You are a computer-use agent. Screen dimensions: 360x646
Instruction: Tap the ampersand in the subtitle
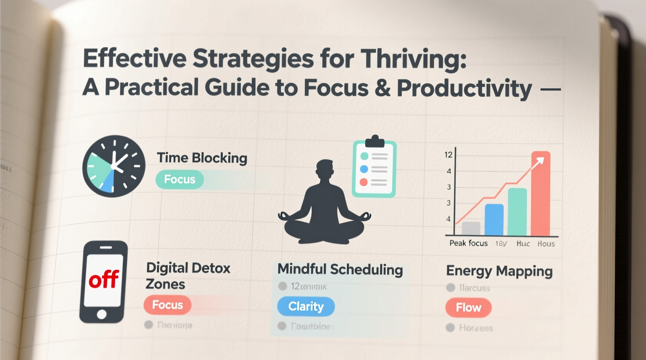tap(382, 88)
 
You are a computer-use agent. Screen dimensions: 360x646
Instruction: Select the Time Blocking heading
tap(202, 158)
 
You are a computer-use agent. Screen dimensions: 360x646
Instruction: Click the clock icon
tap(114, 166)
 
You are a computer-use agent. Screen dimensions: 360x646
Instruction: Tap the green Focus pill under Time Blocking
tap(179, 179)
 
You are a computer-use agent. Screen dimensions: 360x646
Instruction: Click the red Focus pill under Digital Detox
tap(167, 305)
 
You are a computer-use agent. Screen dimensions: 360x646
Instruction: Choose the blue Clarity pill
tap(306, 306)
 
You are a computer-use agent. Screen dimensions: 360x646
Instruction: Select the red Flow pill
tap(468, 308)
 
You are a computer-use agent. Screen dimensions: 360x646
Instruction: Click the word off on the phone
tap(104, 279)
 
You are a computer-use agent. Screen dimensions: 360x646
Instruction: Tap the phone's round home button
tap(102, 314)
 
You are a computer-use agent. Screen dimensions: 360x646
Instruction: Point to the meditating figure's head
tap(325, 169)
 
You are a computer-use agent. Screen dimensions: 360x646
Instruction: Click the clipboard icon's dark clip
tap(375, 141)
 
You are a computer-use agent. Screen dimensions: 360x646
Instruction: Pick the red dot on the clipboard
tap(364, 182)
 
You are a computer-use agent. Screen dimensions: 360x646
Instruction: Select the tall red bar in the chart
tap(540, 194)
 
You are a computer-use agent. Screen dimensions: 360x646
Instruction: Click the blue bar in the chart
tap(494, 220)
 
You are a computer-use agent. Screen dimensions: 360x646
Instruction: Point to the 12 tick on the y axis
tap(448, 155)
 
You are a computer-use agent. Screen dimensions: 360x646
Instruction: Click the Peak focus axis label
tap(468, 243)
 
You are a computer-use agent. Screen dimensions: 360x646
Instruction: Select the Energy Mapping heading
tap(499, 271)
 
